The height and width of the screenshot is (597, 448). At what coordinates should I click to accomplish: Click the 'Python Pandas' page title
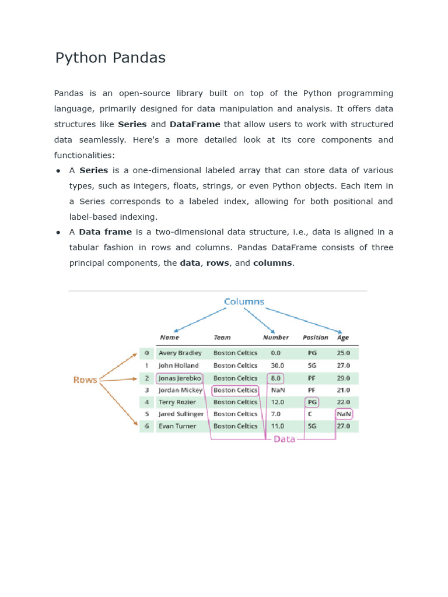(110, 58)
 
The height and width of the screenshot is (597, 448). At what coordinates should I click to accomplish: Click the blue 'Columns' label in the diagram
(244, 301)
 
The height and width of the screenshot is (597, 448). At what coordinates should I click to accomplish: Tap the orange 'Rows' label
(85, 380)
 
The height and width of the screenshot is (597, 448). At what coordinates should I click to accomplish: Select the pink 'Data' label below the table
(285, 439)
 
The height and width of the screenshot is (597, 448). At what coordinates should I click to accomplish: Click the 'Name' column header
(170, 338)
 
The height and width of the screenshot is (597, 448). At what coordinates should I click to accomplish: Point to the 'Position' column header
(316, 338)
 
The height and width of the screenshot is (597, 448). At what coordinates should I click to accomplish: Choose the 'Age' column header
(343, 338)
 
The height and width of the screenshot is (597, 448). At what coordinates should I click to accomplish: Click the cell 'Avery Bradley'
(180, 353)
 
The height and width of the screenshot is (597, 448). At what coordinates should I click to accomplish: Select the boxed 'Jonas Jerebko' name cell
(180, 378)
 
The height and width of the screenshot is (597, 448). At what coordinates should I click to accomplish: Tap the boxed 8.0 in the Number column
(275, 378)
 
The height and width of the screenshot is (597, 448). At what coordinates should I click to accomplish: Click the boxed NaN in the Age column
(344, 414)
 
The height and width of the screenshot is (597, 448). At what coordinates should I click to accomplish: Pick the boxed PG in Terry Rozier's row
(312, 402)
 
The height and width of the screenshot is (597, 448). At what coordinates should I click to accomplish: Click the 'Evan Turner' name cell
(178, 426)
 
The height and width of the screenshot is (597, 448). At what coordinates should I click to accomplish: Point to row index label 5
(147, 414)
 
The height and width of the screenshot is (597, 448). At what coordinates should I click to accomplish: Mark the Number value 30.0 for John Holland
(278, 366)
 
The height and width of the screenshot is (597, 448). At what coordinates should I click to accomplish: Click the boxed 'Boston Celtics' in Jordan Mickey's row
(235, 390)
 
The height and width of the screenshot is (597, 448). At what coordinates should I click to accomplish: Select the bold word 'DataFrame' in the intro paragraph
(195, 124)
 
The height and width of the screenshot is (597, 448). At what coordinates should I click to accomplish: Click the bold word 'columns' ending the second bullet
(272, 263)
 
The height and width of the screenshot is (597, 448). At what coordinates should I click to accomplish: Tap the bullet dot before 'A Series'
(59, 171)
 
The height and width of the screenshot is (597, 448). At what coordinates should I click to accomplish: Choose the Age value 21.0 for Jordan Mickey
(344, 390)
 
